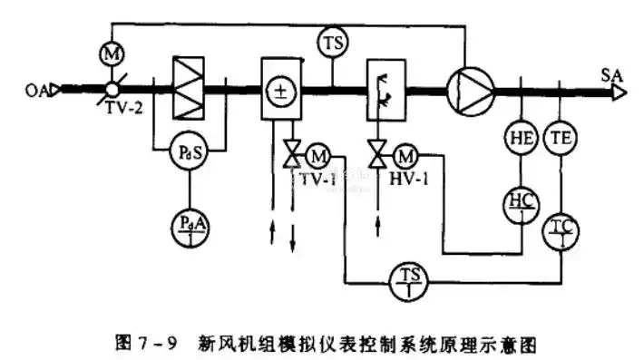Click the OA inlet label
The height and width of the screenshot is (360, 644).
[37, 90]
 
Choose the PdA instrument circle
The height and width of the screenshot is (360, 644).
[190, 220]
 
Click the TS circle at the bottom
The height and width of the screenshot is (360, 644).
[406, 277]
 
